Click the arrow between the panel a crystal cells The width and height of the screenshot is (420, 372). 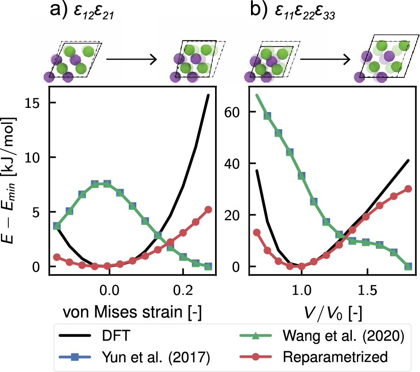[132, 59]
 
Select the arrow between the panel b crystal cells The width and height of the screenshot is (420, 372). [325, 59]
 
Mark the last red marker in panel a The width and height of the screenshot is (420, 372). [208, 209]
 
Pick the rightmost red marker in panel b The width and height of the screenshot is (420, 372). [408, 189]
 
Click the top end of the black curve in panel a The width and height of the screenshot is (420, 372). [208, 95]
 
